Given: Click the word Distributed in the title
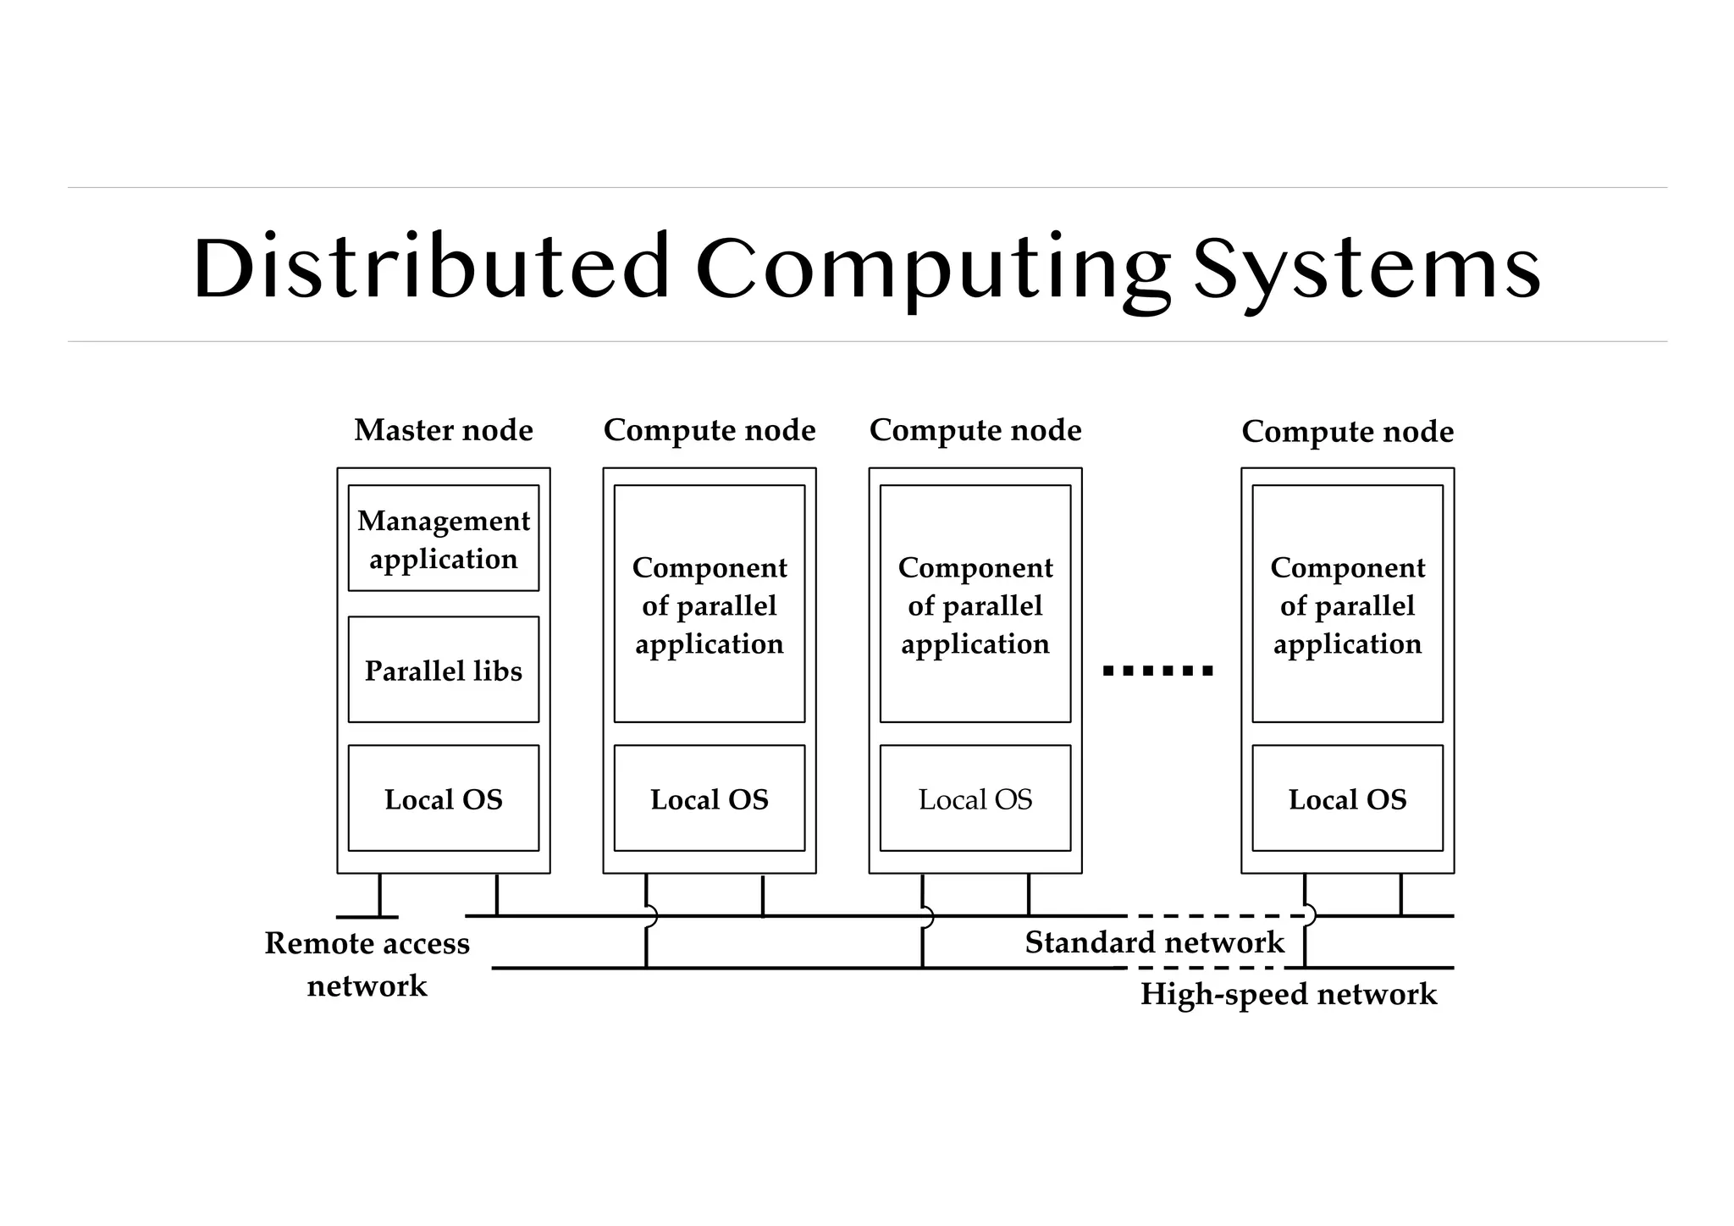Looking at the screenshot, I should tap(431, 268).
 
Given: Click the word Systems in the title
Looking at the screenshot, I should tap(1367, 268).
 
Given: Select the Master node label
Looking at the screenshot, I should tap(444, 430).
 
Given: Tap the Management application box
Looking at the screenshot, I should tap(444, 538).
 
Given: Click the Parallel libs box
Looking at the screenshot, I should tap(444, 670).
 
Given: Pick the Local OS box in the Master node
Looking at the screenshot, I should tap(444, 798).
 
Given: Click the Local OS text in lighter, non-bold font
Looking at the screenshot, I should tap(975, 799).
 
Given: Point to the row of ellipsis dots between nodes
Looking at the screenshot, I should tap(1158, 671).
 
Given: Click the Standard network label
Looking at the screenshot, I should tap(1154, 942).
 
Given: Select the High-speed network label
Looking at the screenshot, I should tap(1288, 994).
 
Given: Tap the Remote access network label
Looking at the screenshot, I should tap(367, 964).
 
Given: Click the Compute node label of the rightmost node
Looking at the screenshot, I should tap(1347, 432).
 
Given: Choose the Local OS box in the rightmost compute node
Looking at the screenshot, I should tap(1347, 798).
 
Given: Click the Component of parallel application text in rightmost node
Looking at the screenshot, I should tap(1347, 605).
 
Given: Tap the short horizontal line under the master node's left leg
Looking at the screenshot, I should tap(367, 917).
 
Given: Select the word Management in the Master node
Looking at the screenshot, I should tap(444, 521).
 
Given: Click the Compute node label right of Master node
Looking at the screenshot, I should tap(710, 430).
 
